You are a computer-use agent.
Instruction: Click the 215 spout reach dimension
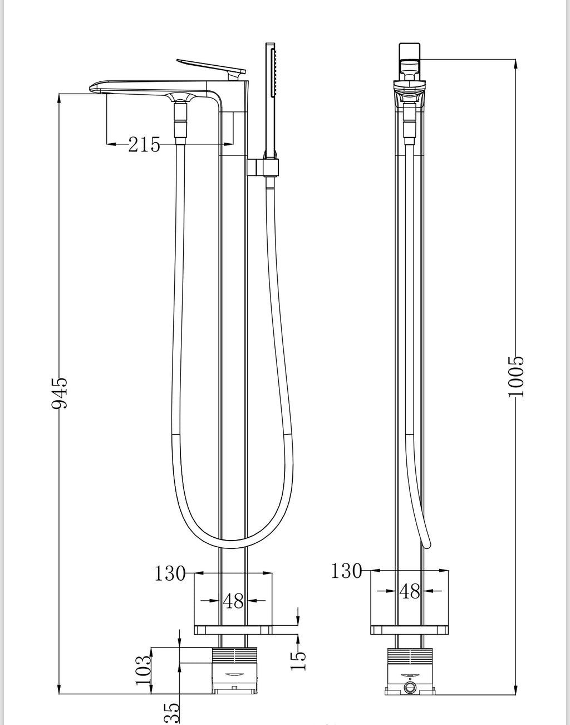pyautogui.click(x=144, y=145)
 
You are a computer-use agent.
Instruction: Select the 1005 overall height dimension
pyautogui.click(x=515, y=376)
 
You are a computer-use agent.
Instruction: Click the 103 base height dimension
pyautogui.click(x=144, y=670)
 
